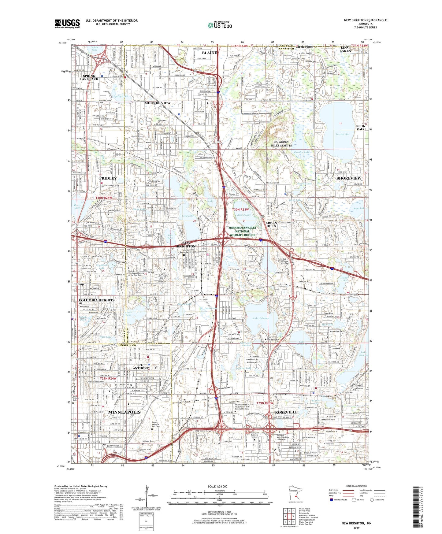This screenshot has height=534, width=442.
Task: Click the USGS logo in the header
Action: tap(67, 24)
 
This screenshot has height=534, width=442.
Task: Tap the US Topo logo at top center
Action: tap(220, 25)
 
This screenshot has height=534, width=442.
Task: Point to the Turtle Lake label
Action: tap(342, 134)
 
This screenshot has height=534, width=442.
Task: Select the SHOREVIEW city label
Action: tap(349, 178)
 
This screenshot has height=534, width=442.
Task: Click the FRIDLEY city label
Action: tap(108, 178)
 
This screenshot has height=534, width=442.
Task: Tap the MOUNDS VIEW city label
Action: tap(158, 103)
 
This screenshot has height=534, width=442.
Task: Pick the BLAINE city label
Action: tap(209, 53)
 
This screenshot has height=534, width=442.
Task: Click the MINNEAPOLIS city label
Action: tap(124, 412)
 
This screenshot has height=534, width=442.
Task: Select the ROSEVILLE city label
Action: tap(286, 412)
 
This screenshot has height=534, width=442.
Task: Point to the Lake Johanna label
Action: tap(261, 318)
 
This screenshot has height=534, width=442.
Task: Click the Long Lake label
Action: tap(188, 216)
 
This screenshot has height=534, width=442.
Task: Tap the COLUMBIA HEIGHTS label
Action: tap(97, 300)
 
